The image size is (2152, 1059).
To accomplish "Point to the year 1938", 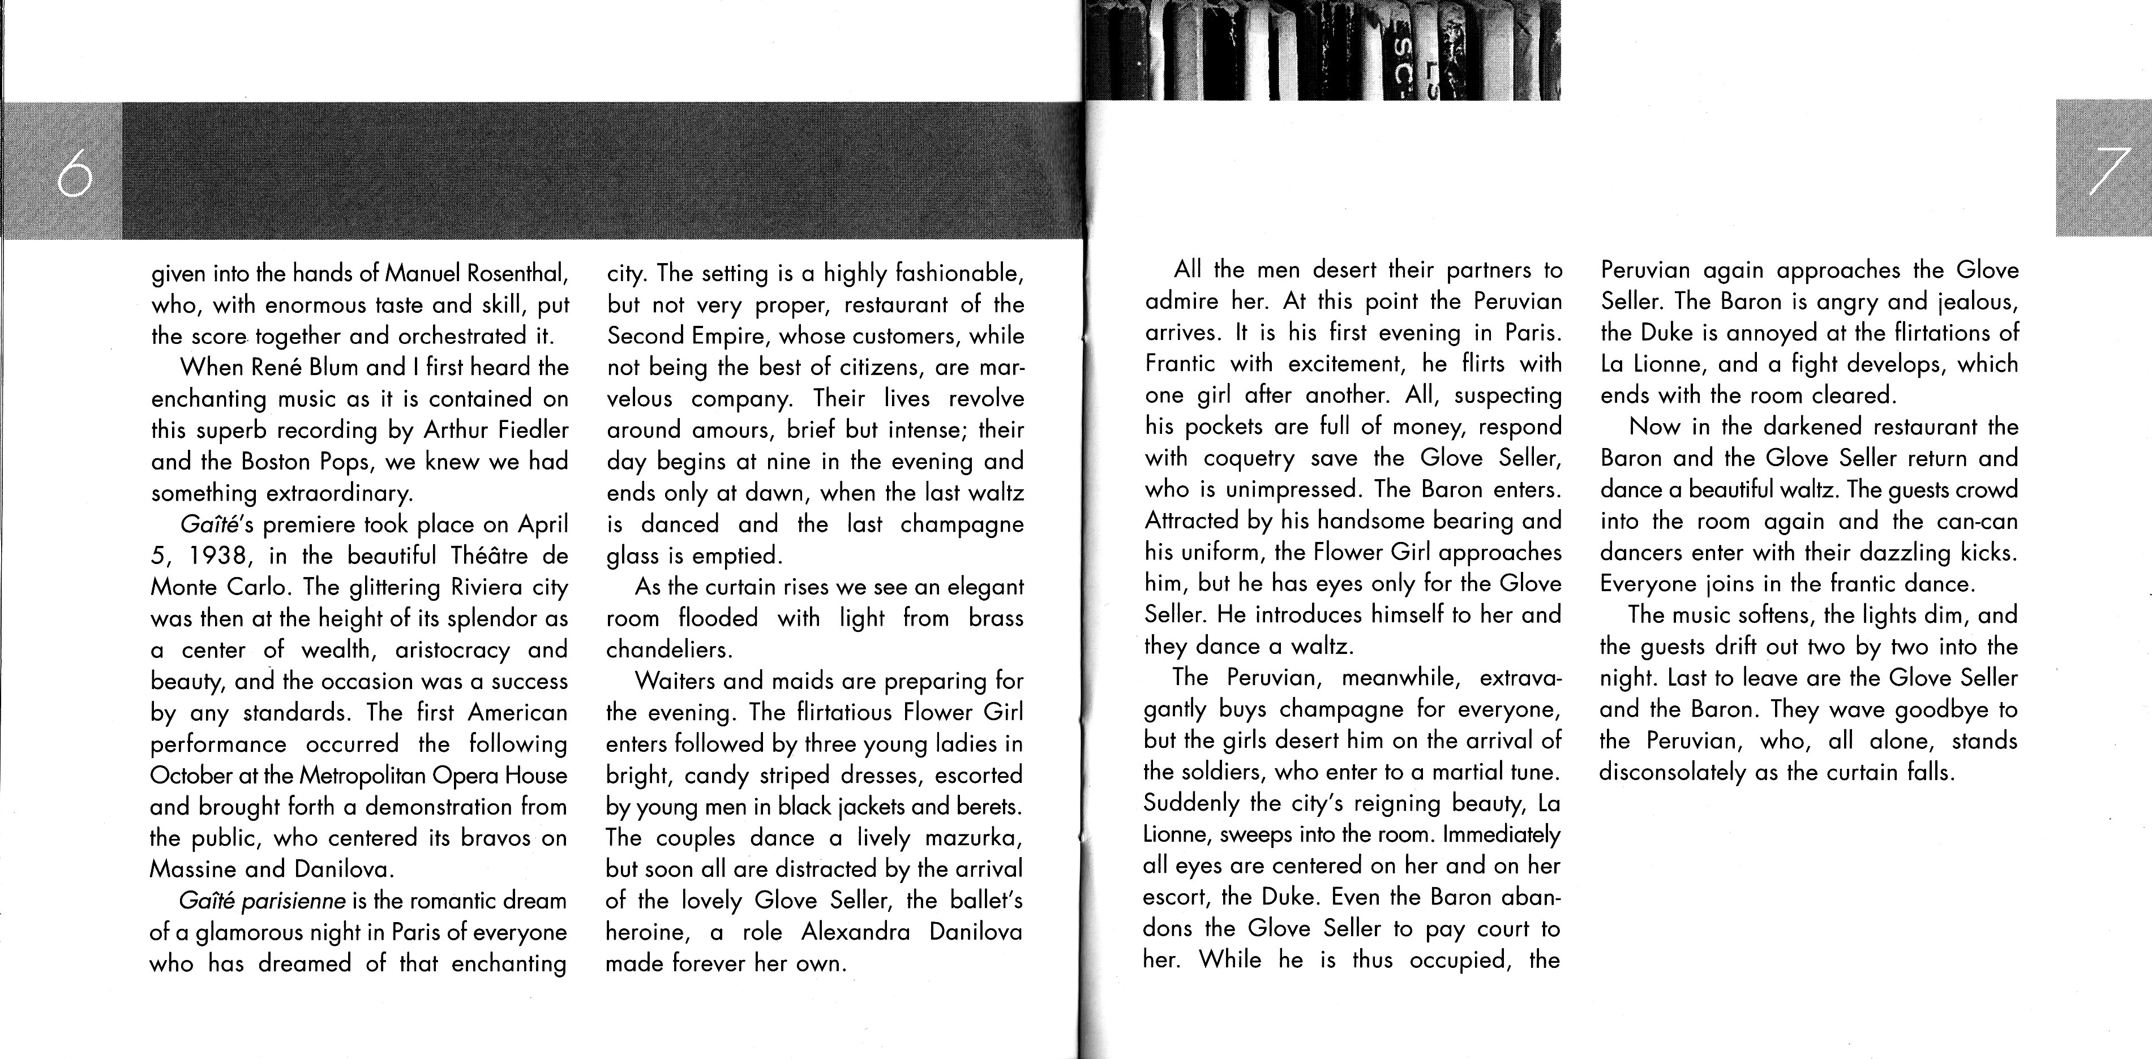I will (223, 556).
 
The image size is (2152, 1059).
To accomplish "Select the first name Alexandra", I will (855, 932).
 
